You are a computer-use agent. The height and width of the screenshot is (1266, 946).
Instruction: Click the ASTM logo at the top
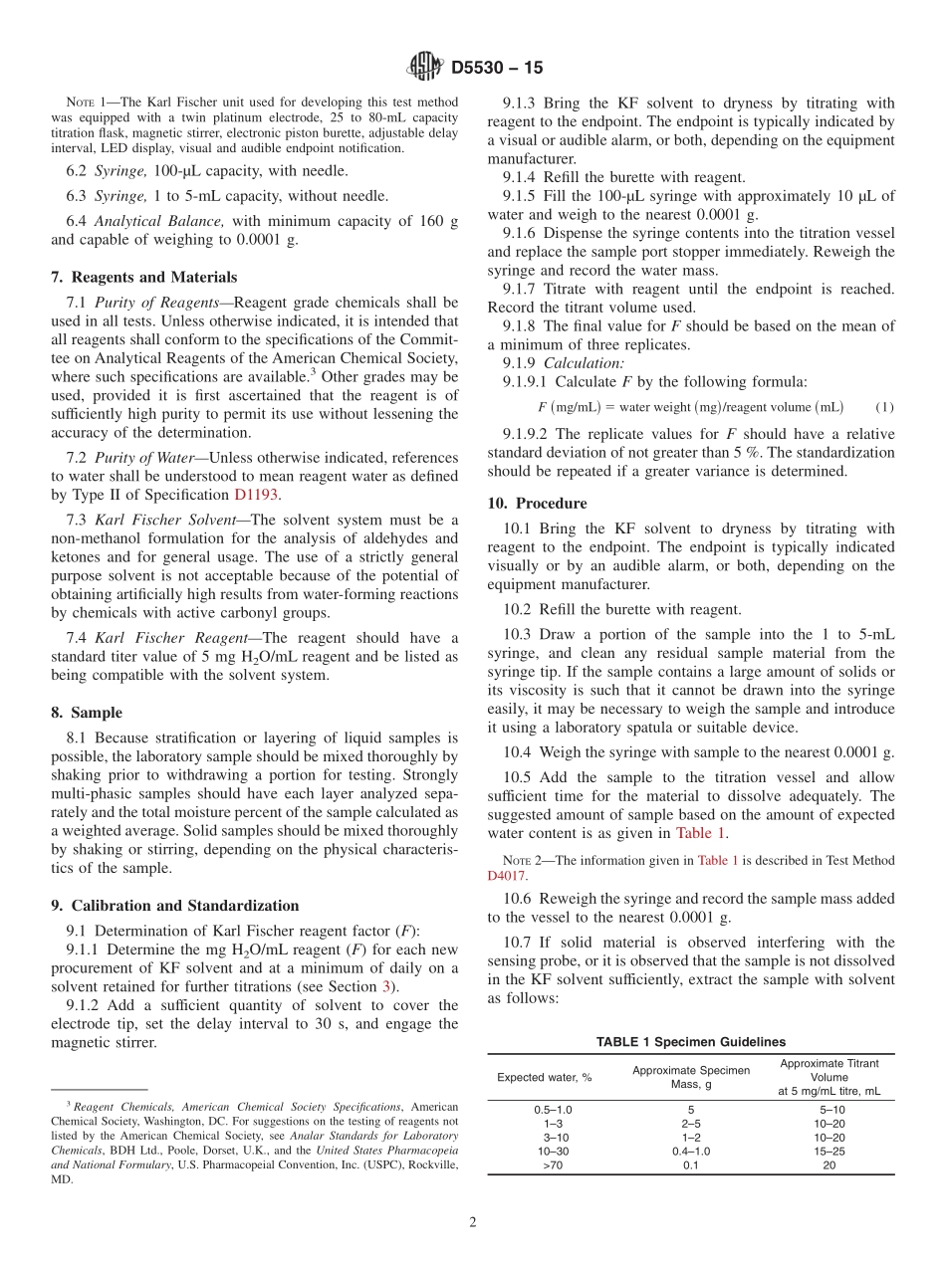[x=425, y=68]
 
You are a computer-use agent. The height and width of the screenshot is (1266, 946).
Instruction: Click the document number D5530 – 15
[x=497, y=69]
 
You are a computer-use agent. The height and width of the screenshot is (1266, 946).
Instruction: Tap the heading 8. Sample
[x=87, y=713]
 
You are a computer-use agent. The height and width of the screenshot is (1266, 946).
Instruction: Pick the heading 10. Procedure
[x=538, y=504]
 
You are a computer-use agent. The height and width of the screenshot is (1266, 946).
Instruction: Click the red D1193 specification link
[x=257, y=495]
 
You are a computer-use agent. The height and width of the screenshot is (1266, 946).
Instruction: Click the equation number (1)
[x=884, y=407]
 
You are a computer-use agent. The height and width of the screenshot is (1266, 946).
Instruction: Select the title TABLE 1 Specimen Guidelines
[x=690, y=1042]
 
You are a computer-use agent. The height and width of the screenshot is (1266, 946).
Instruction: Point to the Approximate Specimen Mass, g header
[x=690, y=1077]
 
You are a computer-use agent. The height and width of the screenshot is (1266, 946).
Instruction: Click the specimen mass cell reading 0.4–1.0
[x=690, y=1152]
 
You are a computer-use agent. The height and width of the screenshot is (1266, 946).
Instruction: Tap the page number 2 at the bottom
[x=473, y=1222]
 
